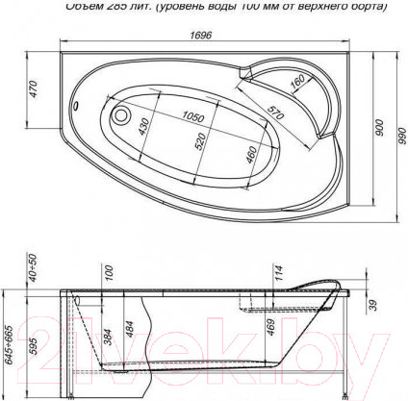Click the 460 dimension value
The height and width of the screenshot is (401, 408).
click(250, 153)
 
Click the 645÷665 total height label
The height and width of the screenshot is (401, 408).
click(9, 338)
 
